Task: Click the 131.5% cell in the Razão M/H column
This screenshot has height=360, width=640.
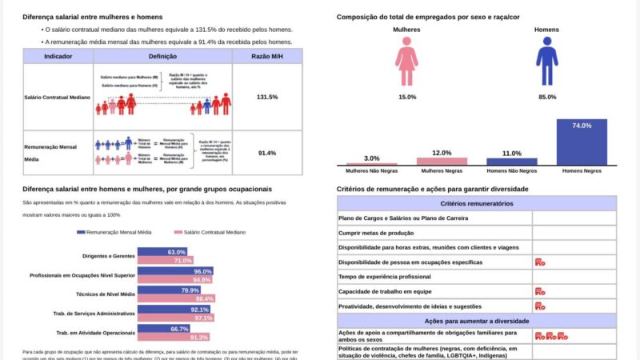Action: click(266, 97)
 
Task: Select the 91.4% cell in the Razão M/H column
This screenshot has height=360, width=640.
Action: click(266, 153)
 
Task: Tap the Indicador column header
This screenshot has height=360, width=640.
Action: click(58, 56)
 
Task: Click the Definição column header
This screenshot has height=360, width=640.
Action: click(162, 56)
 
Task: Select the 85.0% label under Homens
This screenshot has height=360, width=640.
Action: click(547, 97)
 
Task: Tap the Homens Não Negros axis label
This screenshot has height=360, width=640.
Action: click(512, 171)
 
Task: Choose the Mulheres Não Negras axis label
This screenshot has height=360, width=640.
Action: click(371, 171)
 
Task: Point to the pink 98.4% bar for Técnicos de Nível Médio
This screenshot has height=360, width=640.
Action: click(175, 298)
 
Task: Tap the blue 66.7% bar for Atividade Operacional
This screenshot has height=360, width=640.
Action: click(164, 329)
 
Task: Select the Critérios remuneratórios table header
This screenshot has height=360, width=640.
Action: click(477, 204)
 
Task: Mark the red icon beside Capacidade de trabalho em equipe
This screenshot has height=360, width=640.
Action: click(540, 291)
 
